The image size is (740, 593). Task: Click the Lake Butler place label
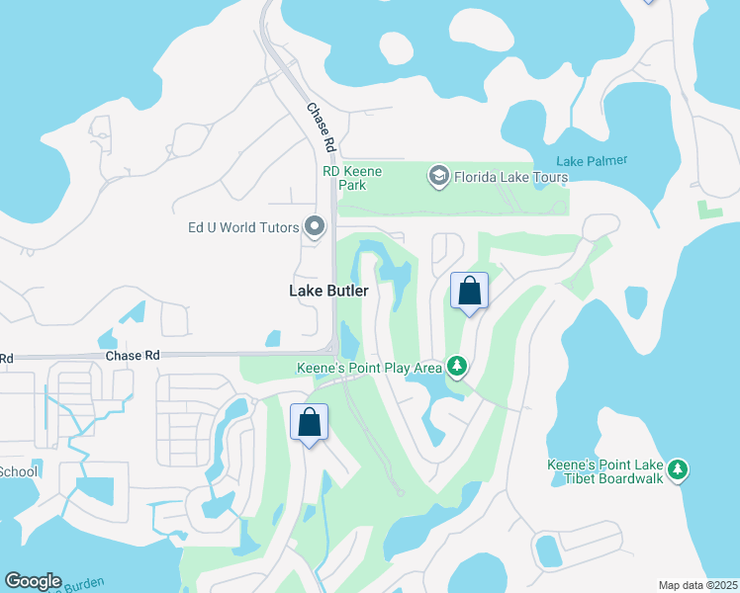328,291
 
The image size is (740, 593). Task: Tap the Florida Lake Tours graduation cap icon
437,177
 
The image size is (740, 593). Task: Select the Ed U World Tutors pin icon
315,227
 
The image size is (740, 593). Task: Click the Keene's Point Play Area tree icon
456,368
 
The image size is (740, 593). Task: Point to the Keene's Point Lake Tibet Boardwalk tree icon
677,470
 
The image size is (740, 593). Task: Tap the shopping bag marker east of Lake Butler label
469,292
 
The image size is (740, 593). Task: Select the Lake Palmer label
592,161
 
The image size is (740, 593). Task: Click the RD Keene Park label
352,178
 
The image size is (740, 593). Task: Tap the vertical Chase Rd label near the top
321,127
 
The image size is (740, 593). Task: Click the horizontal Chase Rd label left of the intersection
132,355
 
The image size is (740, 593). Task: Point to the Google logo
33,581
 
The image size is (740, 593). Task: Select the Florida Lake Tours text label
510,178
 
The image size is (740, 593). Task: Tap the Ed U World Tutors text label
243,227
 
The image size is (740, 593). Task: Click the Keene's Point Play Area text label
369,368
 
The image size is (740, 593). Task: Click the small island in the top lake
396,48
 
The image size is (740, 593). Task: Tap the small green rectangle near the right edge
708,210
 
